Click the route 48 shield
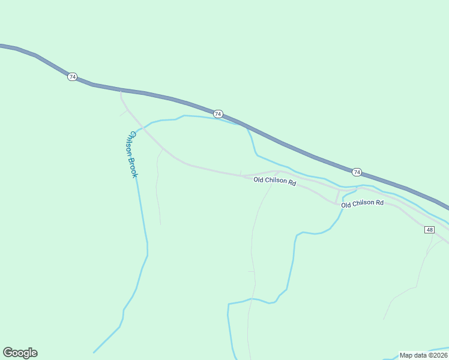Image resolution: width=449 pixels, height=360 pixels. (x=429, y=230)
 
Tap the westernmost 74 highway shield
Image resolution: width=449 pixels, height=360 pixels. (x=72, y=77)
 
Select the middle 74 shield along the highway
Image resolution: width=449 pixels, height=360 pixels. (x=218, y=114)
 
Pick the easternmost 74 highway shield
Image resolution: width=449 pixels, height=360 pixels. (x=357, y=172)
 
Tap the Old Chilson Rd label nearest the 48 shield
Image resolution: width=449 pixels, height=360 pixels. (x=362, y=204)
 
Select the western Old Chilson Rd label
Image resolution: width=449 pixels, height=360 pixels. (x=275, y=181)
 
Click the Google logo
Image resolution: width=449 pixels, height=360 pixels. (x=20, y=353)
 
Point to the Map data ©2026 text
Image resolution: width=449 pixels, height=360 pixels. (x=423, y=355)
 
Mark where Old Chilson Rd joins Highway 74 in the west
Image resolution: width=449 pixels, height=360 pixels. (x=121, y=91)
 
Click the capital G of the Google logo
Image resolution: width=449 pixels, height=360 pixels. (x=8, y=352)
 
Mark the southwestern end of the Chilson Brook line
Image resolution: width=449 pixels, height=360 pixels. (x=94, y=352)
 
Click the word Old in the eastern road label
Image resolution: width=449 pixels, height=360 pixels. (x=346, y=205)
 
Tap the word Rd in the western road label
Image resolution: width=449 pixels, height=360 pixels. (x=292, y=182)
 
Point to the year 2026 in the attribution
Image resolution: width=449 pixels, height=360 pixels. (x=439, y=355)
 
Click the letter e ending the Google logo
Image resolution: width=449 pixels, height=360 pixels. (x=34, y=353)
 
